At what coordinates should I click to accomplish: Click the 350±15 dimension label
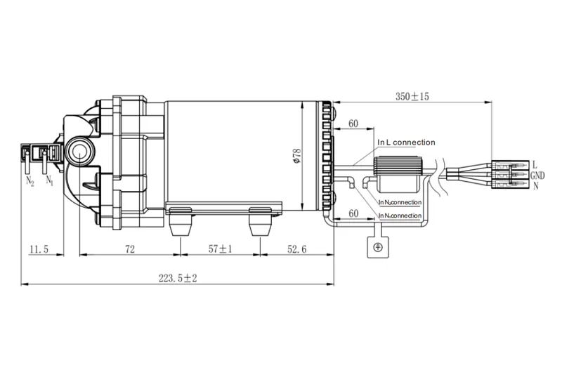point(412,96)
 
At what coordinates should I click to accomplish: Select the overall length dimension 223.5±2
point(178,278)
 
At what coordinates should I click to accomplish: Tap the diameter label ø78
point(297,156)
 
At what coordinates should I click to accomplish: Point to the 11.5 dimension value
point(39,249)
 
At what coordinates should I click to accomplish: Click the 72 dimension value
point(130,249)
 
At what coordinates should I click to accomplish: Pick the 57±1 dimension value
point(220,249)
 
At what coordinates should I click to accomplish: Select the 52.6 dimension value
point(296,249)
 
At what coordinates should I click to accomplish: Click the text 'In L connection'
point(407,143)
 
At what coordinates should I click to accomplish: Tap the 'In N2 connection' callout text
point(400,202)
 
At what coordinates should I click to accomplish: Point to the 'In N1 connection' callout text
point(400,216)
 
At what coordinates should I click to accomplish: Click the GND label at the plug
point(537,176)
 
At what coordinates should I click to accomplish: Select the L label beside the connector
point(535,165)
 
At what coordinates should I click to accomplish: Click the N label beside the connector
point(536,186)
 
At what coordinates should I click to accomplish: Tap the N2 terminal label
point(30,181)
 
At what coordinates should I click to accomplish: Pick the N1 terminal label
point(49,180)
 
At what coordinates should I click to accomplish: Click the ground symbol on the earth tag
point(377,247)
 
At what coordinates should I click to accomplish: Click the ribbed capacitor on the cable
point(398,174)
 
